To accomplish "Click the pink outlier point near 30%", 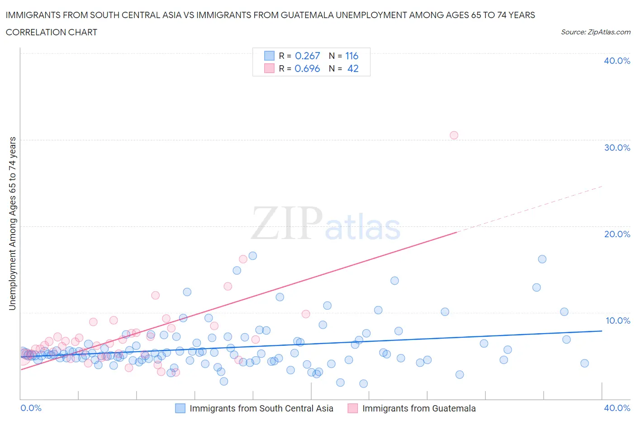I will (454, 135).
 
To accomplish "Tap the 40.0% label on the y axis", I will (617, 61).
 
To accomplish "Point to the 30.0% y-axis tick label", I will (617, 148).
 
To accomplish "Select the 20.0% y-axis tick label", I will (617, 234).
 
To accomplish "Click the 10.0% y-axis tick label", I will (617, 321).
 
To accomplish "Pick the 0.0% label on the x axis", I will (31, 408).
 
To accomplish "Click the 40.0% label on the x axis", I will (617, 408).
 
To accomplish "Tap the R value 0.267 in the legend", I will (307, 56).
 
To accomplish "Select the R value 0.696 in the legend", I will (307, 68).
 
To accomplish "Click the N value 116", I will (351, 56).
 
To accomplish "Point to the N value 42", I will (353, 68).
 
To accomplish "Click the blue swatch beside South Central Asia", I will (180, 408).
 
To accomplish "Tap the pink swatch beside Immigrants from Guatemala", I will (353, 408).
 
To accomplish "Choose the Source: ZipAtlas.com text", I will (595, 32).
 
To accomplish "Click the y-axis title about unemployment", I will (12, 223).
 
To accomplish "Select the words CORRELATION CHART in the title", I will (52, 32).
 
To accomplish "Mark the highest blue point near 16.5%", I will (253, 256).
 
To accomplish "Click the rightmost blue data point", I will (584, 363).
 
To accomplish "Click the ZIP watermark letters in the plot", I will (287, 223).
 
